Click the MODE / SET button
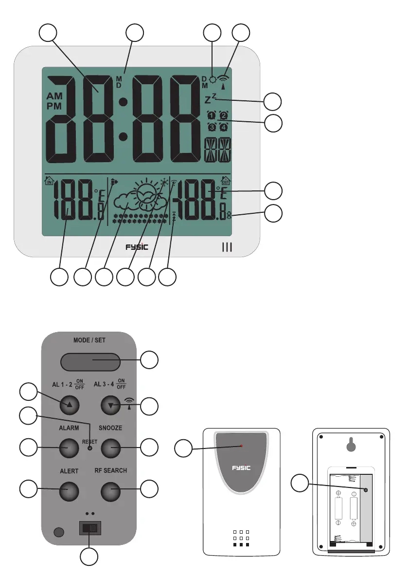(90, 362)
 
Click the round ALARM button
(69, 447)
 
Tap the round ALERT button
(69, 490)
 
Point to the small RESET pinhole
(89, 448)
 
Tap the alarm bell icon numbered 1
(211, 115)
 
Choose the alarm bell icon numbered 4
(223, 127)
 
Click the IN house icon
(49, 182)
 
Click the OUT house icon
(225, 181)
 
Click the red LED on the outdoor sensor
(242, 446)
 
